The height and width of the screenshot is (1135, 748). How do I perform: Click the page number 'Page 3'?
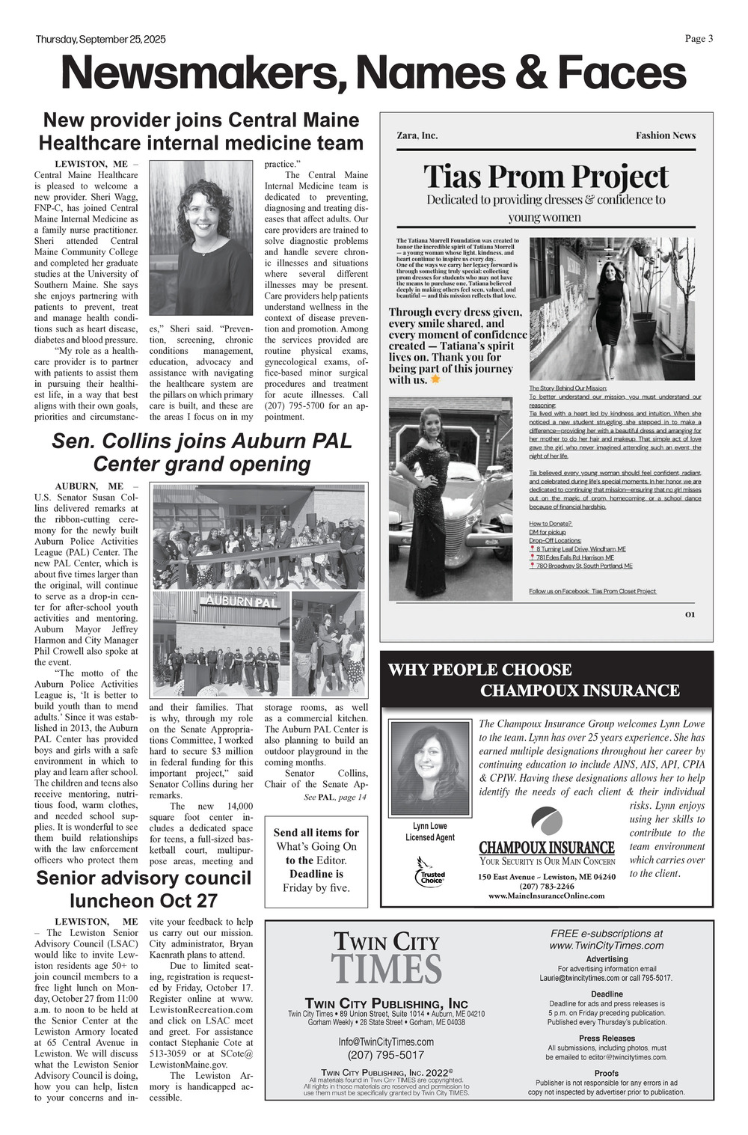[699, 39]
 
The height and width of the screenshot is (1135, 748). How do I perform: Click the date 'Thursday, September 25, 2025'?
[100, 40]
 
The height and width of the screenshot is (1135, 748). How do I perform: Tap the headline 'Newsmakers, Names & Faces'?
[373, 73]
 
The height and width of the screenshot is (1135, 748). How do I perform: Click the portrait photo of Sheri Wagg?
[201, 238]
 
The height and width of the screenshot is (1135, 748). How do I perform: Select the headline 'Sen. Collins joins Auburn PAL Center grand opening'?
[201, 452]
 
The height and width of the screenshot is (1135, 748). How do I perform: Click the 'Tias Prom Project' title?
[546, 177]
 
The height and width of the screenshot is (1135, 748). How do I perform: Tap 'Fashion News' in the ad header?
[665, 135]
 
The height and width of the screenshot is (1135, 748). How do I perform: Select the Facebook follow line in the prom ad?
[592, 591]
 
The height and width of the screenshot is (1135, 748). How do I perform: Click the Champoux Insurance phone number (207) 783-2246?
[547, 886]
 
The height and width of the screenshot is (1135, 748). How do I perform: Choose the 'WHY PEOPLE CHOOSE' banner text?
[479, 670]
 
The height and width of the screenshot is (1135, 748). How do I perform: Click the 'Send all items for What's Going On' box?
[316, 860]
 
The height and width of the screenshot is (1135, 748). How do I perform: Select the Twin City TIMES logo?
[386, 958]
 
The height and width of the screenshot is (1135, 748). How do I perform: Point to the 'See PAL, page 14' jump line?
[335, 798]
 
